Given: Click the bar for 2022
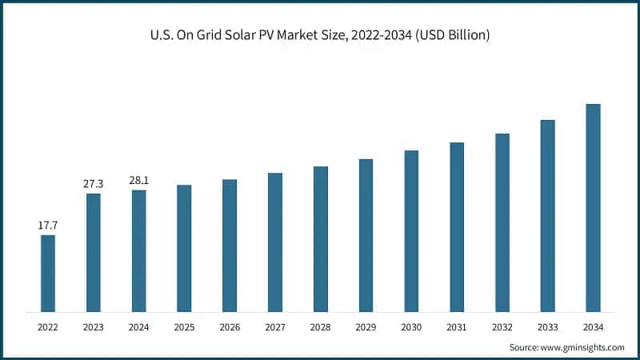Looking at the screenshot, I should coord(48,273).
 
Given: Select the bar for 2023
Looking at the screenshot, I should coord(94,252).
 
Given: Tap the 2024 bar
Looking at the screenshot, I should coord(138,250).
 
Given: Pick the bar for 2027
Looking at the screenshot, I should coord(274,242).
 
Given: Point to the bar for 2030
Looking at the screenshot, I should coord(411,230).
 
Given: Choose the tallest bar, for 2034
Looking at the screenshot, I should coord(593,207).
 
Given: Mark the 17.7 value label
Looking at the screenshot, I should coord(48,226).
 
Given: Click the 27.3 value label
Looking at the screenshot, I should coord(94,184).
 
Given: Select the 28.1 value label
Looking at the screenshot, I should coord(138,181).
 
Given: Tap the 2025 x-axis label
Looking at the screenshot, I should coord(184,327).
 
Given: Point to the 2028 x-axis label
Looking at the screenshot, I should coord(320,327).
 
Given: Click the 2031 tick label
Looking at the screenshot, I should coord(457,327).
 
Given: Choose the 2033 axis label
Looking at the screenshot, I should coord(547,327).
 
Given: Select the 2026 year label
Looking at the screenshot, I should coord(230,327).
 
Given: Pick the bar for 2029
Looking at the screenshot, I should coord(366,235).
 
